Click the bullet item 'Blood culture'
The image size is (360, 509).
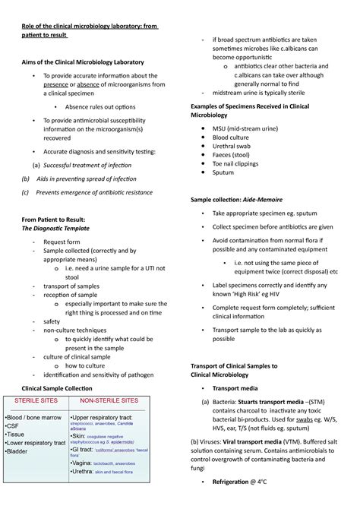pos(232,138)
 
